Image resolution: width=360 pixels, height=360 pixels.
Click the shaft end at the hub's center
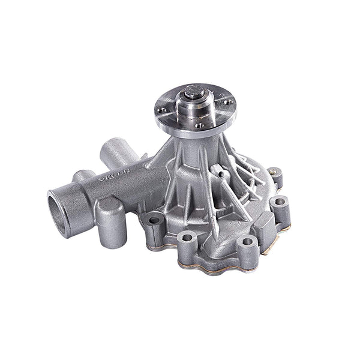coord(193,92)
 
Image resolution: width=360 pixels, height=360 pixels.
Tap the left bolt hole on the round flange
coord(161,110)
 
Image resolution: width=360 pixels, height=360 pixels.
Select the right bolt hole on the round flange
coord(228,102)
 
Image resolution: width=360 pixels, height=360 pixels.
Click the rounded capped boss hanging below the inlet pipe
coord(110,222)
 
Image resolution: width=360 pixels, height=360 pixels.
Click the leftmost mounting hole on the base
coord(154,220)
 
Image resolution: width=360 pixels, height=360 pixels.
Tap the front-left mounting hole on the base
coord(186,238)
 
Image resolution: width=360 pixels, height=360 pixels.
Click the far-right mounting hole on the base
coord(280,203)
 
